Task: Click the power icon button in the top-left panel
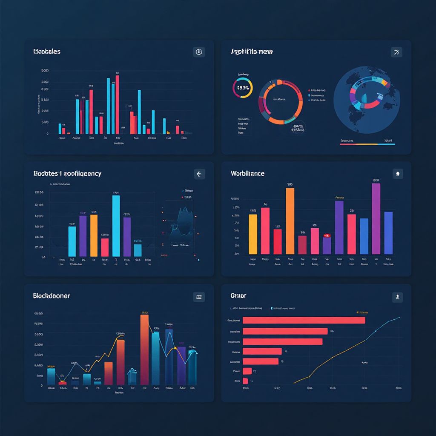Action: click(x=198, y=52)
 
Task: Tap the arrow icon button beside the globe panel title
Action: click(x=396, y=52)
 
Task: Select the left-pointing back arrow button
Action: click(x=199, y=174)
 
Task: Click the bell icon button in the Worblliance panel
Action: click(x=397, y=174)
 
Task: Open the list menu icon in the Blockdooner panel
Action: click(x=199, y=297)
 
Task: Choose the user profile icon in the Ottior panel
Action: click(x=397, y=297)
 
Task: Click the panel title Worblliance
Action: click(x=247, y=174)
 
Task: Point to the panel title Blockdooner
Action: click(x=52, y=295)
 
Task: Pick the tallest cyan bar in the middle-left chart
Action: click(x=116, y=226)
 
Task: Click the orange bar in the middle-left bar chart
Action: click(x=94, y=235)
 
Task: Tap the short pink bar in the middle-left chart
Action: click(x=105, y=247)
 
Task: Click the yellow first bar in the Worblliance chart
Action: click(x=252, y=234)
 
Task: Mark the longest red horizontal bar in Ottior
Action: click(x=304, y=320)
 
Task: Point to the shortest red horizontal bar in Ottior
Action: click(x=245, y=381)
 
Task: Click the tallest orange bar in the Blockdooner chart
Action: click(x=145, y=349)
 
